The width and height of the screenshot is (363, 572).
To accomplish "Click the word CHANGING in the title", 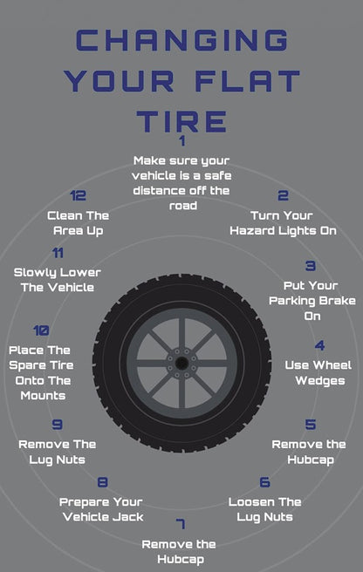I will click(181, 39).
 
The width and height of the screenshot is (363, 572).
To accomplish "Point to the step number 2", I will click(283, 196).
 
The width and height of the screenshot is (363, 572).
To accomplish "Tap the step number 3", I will click(311, 266).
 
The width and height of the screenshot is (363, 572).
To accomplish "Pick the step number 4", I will click(320, 346).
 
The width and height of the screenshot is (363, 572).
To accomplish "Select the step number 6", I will click(264, 483).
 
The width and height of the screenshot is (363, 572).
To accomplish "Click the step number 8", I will click(103, 483).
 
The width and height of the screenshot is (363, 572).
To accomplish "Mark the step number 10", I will click(41, 331).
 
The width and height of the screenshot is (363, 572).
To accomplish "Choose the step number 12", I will click(79, 196).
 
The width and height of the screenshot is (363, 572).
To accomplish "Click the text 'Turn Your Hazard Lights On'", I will click(283, 223).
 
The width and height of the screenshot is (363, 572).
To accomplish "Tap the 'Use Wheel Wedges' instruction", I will click(320, 373).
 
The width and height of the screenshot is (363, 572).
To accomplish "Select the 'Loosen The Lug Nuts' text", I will click(264, 509).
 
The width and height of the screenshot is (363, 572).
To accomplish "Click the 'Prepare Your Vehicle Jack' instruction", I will click(102, 509).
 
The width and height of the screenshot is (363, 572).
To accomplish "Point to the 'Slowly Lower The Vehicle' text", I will click(54, 280).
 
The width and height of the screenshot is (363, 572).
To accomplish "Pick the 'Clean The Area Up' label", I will click(79, 223).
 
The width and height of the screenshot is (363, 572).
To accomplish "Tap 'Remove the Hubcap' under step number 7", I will click(181, 551).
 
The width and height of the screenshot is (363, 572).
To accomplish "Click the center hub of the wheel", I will click(181, 362).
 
